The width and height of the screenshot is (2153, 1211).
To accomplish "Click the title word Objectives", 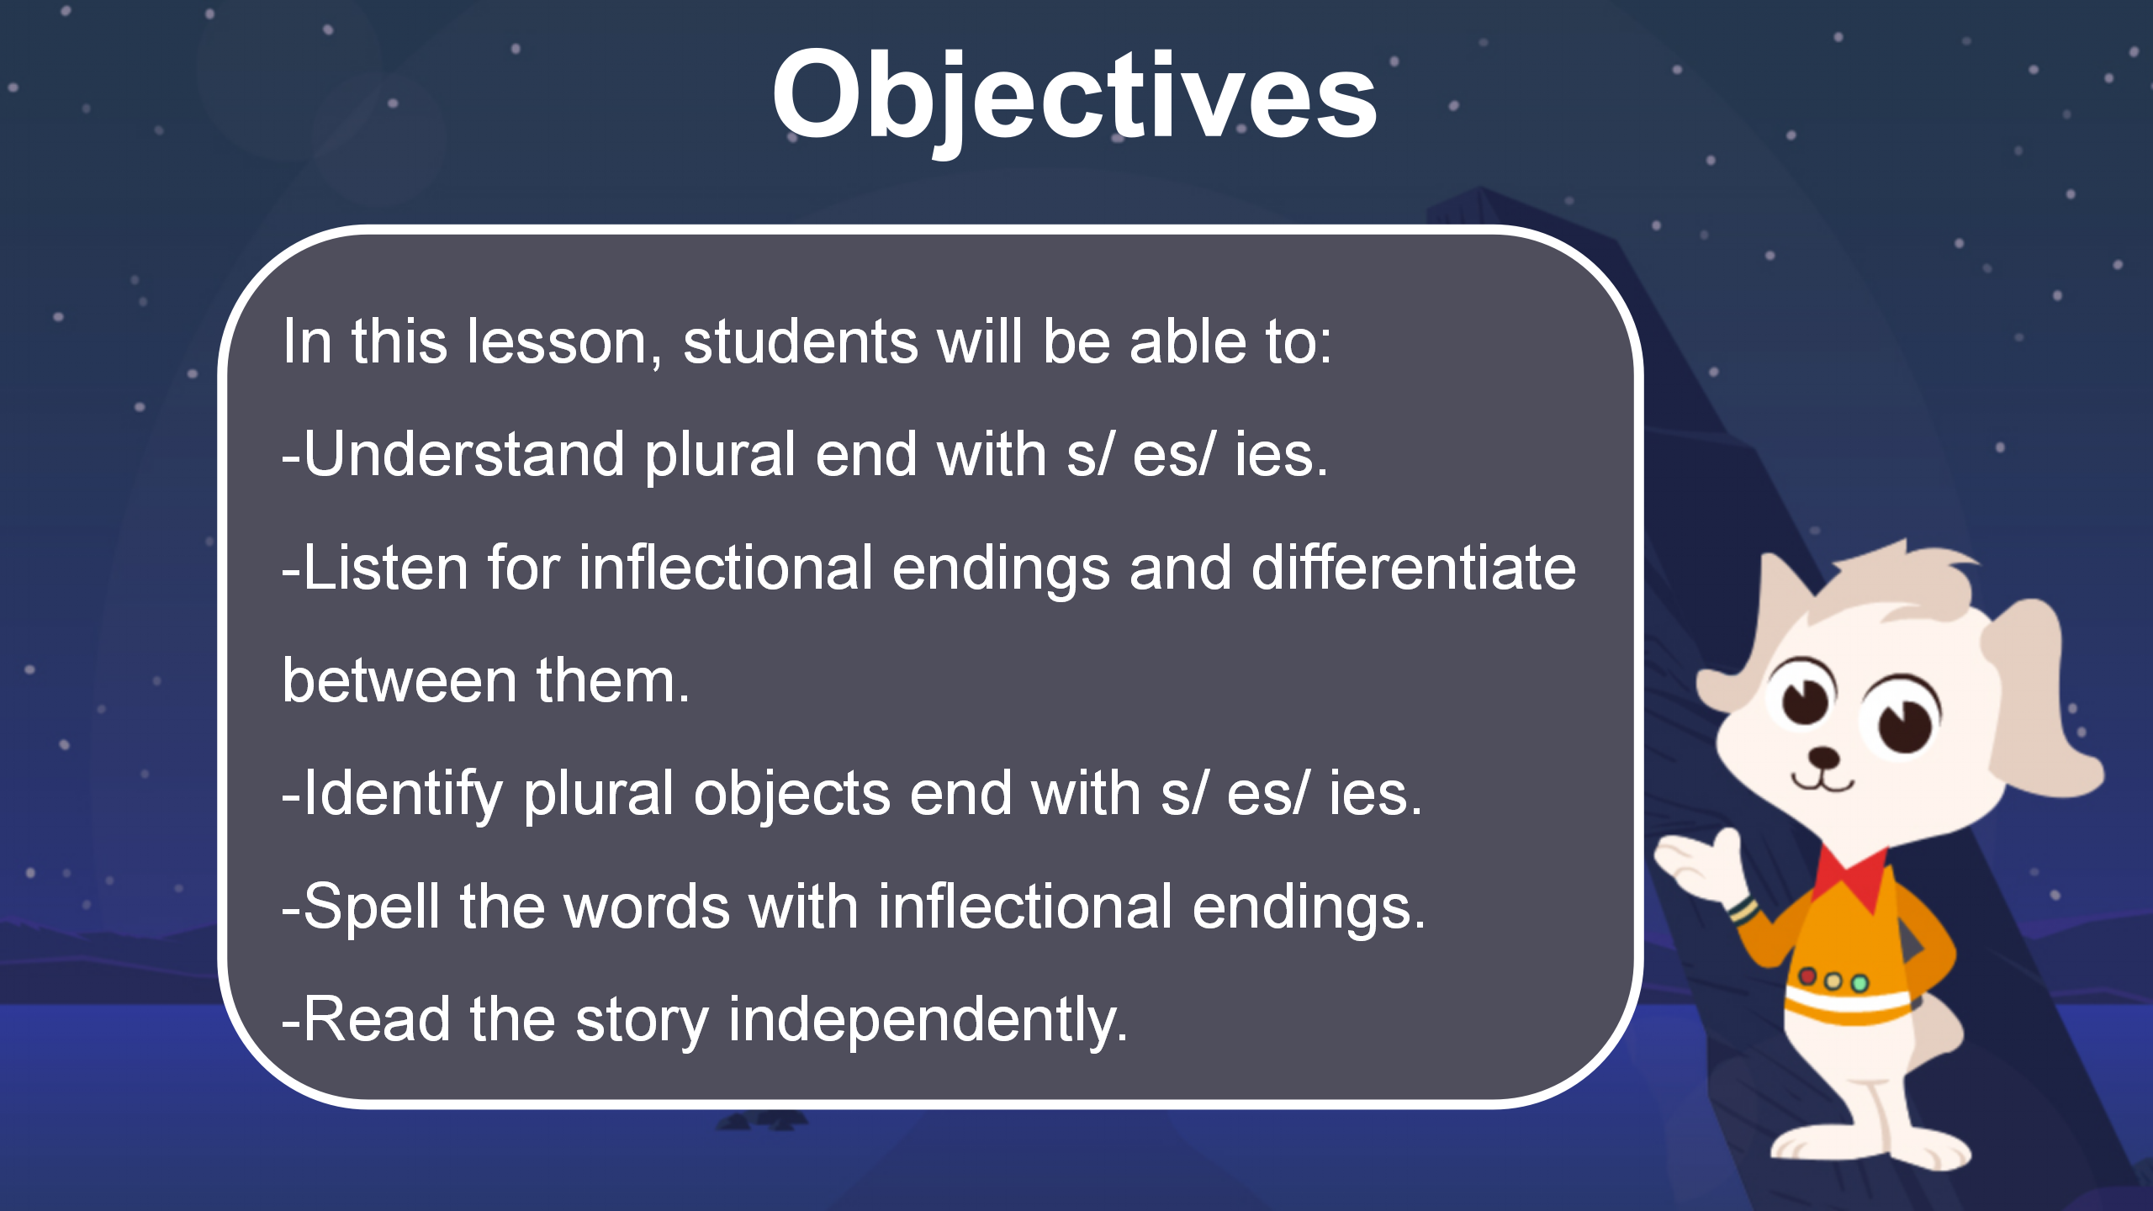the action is [1074, 97].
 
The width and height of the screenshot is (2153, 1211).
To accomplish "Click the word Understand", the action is [463, 454].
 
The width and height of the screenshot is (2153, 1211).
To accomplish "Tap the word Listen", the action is [385, 568].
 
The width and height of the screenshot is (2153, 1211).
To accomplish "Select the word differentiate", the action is [1414, 568].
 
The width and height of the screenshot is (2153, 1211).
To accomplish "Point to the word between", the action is [399, 680].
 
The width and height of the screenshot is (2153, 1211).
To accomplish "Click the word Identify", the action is [403, 795].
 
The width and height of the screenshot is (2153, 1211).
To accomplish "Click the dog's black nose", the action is [1823, 756].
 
